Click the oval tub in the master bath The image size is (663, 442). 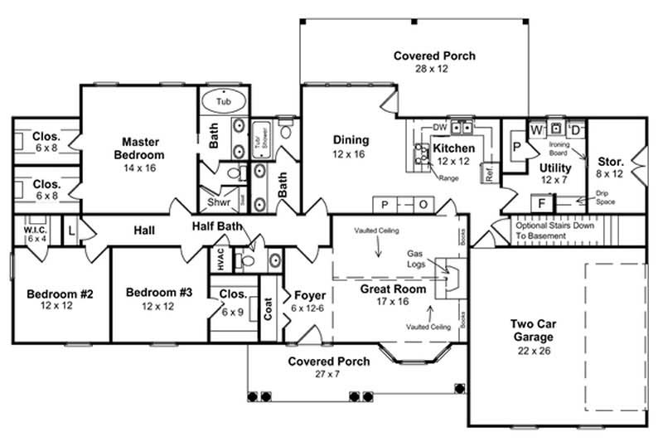224,101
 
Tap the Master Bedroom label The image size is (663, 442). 138,148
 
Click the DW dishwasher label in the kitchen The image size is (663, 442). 439,127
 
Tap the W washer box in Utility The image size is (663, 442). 536,130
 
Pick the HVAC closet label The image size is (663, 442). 220,257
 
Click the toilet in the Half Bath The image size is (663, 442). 247,260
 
